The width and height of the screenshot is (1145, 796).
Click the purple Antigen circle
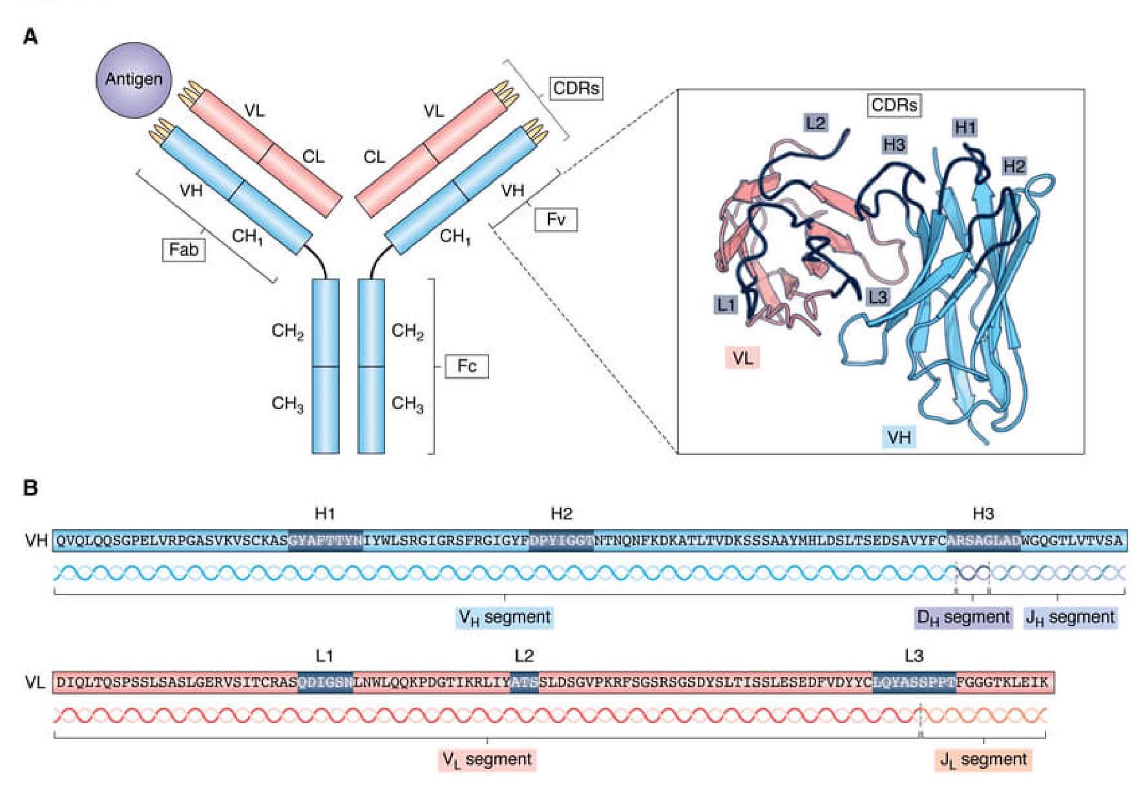[134, 79]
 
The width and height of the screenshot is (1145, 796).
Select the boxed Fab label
[184, 249]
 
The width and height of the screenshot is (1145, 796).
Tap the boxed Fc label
[467, 366]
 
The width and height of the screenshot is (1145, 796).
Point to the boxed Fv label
[556, 220]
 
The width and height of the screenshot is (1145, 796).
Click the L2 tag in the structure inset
[815, 122]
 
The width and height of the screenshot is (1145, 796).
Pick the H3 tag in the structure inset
[894, 145]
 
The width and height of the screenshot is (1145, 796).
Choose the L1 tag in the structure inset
[726, 304]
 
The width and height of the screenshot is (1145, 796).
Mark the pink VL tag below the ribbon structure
[742, 357]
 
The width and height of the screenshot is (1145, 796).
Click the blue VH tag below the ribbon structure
[899, 437]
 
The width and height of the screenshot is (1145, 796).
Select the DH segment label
[963, 618]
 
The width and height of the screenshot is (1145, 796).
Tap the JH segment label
[1070, 618]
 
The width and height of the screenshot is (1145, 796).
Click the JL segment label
[983, 760]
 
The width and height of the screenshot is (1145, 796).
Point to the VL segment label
[487, 760]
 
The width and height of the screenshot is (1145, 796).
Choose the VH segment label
[504, 618]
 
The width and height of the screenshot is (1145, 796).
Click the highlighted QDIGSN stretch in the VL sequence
[325, 682]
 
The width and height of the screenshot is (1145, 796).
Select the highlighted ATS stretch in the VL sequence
[524, 682]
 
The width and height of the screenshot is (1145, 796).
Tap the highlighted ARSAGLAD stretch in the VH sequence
[983, 540]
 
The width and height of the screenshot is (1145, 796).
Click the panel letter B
[30, 488]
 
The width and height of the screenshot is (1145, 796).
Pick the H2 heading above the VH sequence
[561, 514]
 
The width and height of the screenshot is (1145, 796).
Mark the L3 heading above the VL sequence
[914, 656]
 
